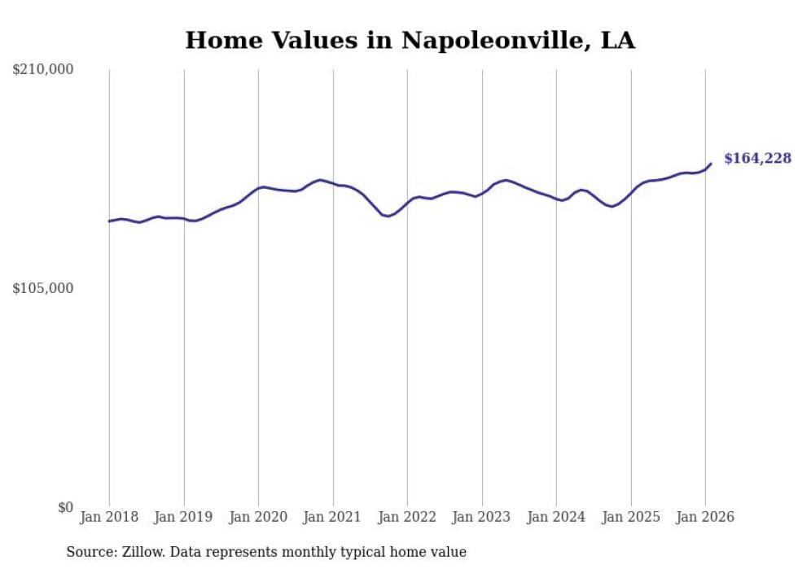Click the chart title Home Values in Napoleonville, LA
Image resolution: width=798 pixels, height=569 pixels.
click(410, 41)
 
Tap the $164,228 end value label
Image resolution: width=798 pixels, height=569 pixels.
click(757, 159)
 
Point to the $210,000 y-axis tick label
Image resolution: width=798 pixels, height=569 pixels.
click(43, 70)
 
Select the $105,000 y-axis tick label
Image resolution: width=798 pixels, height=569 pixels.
click(43, 288)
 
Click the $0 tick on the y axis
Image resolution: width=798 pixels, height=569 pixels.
click(65, 507)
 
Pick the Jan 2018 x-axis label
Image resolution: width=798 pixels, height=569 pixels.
click(109, 517)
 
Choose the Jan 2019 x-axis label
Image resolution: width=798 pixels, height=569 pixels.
click(184, 517)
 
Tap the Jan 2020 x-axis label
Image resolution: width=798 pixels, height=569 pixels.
click(258, 517)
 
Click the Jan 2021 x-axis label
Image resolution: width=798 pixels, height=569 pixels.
click(333, 517)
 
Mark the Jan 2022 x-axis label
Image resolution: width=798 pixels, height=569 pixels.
click(407, 517)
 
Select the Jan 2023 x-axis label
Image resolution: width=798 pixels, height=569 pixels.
click(482, 517)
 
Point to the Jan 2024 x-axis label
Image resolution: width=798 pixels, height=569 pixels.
click(556, 517)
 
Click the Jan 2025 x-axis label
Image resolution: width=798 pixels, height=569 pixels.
click(631, 517)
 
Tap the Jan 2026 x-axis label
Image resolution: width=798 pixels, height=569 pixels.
click(705, 517)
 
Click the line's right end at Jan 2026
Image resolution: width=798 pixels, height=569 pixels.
click(711, 164)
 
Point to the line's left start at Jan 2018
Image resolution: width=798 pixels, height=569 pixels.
click(109, 221)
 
